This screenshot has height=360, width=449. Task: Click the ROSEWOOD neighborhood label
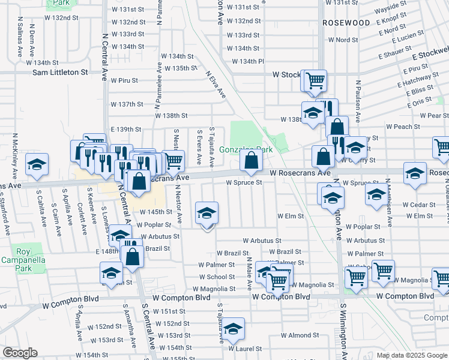click(x=346, y=23)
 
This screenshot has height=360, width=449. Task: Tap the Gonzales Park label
click(x=246, y=149)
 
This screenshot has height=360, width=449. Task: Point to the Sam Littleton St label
click(x=59, y=72)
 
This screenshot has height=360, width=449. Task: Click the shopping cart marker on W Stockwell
click(x=315, y=80)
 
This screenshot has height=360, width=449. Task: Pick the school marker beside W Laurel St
click(x=234, y=328)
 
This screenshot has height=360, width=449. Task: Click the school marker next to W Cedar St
click(x=376, y=195)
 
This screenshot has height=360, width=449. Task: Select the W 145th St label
click(x=157, y=212)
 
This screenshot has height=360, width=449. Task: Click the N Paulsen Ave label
click(x=358, y=98)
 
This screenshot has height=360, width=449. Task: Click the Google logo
click(x=20, y=353)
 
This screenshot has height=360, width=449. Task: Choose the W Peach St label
click(x=403, y=127)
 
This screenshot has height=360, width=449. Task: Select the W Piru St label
click(x=124, y=80)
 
